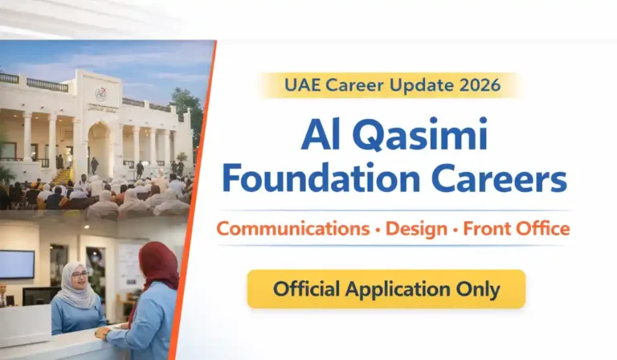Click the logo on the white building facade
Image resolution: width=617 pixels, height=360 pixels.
coord(100,94)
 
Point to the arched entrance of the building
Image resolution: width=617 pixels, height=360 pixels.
coord(100,149)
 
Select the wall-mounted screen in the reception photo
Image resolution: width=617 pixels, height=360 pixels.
coord(17,264)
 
